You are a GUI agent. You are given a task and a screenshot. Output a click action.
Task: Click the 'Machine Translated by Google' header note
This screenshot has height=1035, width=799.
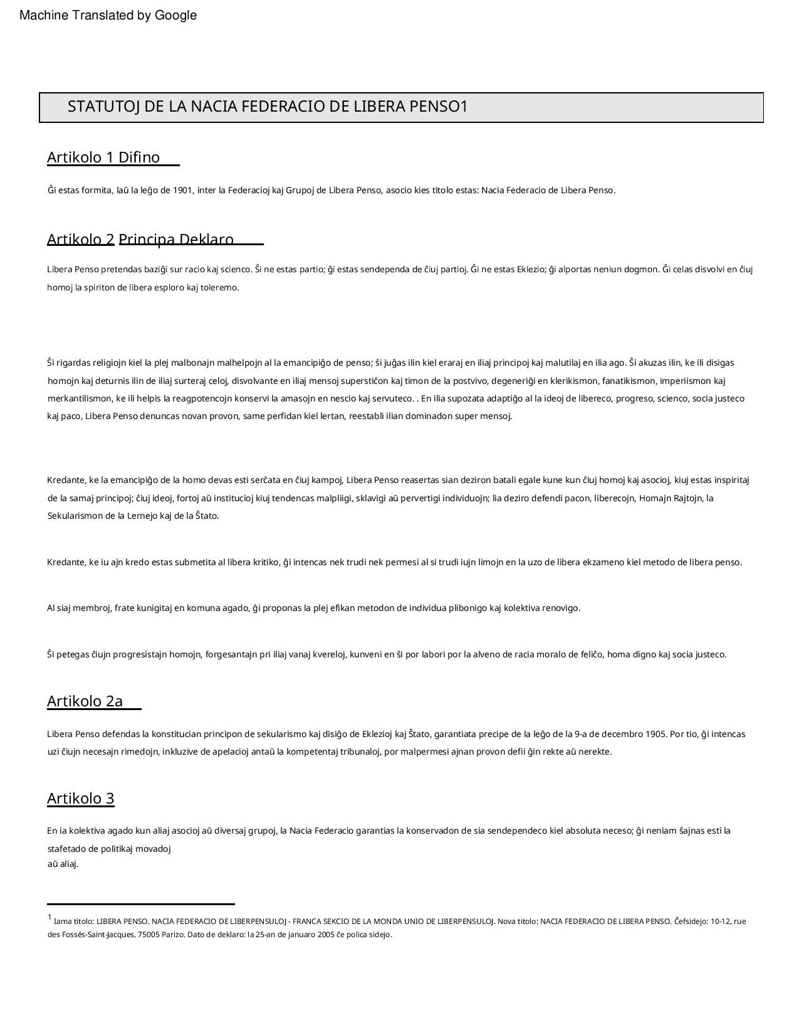point(108,16)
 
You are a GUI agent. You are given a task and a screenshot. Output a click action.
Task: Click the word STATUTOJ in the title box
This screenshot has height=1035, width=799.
point(103,107)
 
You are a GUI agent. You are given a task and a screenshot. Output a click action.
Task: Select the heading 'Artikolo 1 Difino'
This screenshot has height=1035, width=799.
point(103,157)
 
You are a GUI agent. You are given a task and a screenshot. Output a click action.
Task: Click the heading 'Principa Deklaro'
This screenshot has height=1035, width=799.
point(176,240)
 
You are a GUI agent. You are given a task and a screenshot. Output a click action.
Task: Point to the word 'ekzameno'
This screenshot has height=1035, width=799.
point(603,563)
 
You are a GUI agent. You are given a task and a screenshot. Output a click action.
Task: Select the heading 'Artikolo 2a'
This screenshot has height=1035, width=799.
point(85,701)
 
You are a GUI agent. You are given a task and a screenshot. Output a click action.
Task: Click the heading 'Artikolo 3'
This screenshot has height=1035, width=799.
point(81,799)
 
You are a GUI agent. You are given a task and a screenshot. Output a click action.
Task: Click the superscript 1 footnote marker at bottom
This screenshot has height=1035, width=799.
point(50,918)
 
